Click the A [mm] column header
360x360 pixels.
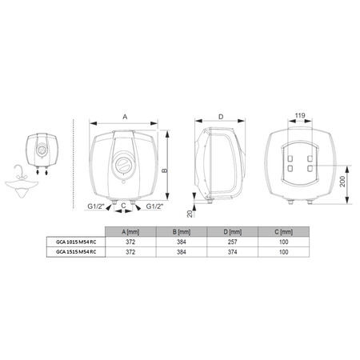tap(130, 232)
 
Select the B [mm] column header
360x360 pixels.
tap(182, 232)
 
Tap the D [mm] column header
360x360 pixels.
tap(232, 232)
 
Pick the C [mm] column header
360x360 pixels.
tap(283, 232)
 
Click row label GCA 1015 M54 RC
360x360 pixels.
tap(76, 242)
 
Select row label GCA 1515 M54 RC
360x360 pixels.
tap(76, 252)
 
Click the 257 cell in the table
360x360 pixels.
tap(232, 242)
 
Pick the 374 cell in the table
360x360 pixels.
tap(232, 252)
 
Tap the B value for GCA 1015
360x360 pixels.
tap(182, 242)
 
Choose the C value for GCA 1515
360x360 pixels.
tap(283, 252)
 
